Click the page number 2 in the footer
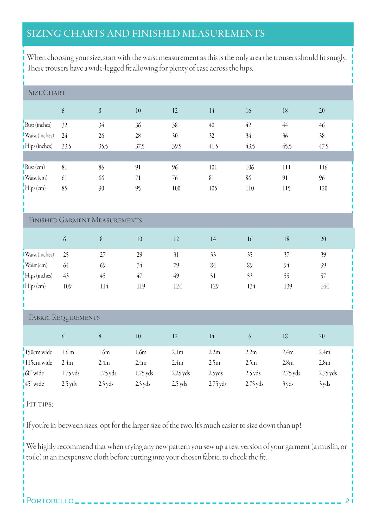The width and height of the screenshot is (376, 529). (347, 501)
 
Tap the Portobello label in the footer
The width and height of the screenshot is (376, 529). (50, 501)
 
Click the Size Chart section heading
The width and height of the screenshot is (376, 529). (47, 93)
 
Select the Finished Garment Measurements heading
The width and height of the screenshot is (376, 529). (85, 220)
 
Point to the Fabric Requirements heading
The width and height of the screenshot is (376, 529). (64, 318)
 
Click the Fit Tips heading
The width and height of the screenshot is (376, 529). (40, 404)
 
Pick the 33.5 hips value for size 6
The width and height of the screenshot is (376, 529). (66, 146)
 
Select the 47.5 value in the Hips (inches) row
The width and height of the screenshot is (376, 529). (323, 146)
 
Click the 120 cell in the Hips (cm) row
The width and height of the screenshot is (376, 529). (323, 188)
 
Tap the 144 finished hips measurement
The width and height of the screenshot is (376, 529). (324, 286)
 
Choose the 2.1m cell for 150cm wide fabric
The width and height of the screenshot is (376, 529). (177, 352)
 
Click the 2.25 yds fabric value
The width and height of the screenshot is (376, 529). (181, 373)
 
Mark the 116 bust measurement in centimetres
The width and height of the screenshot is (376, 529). (323, 167)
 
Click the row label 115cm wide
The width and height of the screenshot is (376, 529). (39, 363)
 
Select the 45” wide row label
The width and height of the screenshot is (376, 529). (35, 384)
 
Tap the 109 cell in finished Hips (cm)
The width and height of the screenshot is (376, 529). (67, 286)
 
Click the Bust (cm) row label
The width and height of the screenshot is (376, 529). (35, 167)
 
